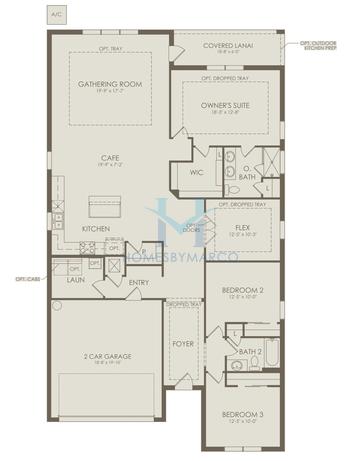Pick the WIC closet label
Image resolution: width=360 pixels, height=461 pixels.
[197, 172]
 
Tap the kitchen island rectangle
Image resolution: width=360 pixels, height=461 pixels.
[107, 206]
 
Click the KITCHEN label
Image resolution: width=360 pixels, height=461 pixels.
[96, 228]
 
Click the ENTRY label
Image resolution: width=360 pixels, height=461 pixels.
[139, 283]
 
